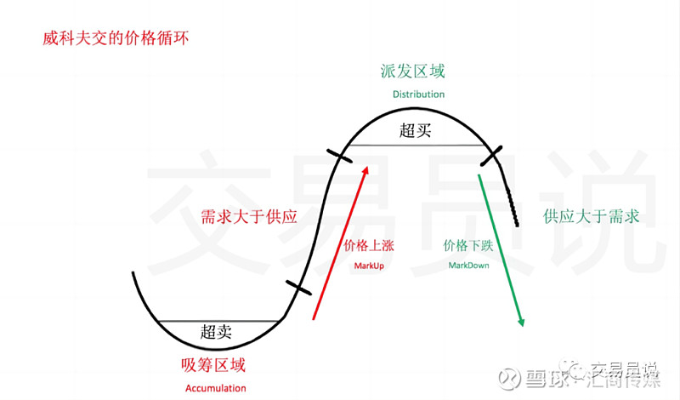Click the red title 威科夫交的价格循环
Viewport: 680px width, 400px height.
(116, 38)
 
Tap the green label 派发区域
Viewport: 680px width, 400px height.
(413, 71)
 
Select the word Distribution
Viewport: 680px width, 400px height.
(418, 94)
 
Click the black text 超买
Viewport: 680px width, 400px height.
(415, 130)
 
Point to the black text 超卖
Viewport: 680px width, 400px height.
(216, 332)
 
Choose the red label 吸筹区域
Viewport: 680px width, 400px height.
(213, 365)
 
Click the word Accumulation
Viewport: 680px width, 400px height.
(216, 388)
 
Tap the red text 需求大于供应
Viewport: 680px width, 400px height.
(249, 217)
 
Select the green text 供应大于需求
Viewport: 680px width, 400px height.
(591, 216)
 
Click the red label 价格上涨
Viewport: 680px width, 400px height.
(369, 246)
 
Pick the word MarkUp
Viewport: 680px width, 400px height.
(369, 266)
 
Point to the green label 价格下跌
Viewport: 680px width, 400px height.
(468, 246)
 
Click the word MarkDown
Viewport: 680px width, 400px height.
(469, 266)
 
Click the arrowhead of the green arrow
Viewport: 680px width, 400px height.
(521, 323)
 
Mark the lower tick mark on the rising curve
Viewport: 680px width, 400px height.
(298, 288)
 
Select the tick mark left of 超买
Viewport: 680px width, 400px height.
(339, 156)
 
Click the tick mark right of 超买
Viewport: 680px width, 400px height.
(491, 156)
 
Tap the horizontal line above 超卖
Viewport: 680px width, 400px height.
(218, 322)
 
